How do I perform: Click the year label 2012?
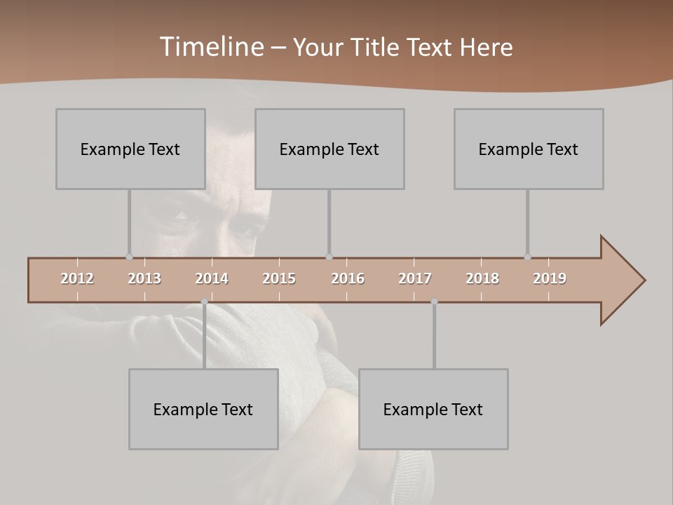[x=77, y=278]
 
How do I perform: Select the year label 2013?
[x=144, y=278]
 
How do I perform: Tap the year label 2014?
[x=212, y=278]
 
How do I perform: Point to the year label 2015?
[x=279, y=278]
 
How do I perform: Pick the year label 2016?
[x=348, y=278]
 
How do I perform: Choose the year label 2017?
[x=415, y=278]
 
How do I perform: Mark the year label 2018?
[x=482, y=278]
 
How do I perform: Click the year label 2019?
[x=550, y=278]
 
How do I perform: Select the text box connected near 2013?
[x=130, y=149]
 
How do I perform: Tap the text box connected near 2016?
[x=329, y=149]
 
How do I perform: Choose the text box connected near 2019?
[x=529, y=149]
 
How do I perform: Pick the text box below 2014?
[x=203, y=409]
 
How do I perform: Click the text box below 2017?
[x=433, y=409]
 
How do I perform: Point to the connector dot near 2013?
[x=129, y=257]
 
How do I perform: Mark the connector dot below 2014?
[x=204, y=302]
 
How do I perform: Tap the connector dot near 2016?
[x=329, y=257]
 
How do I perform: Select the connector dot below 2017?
[x=434, y=302]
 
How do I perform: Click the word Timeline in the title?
[x=211, y=46]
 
